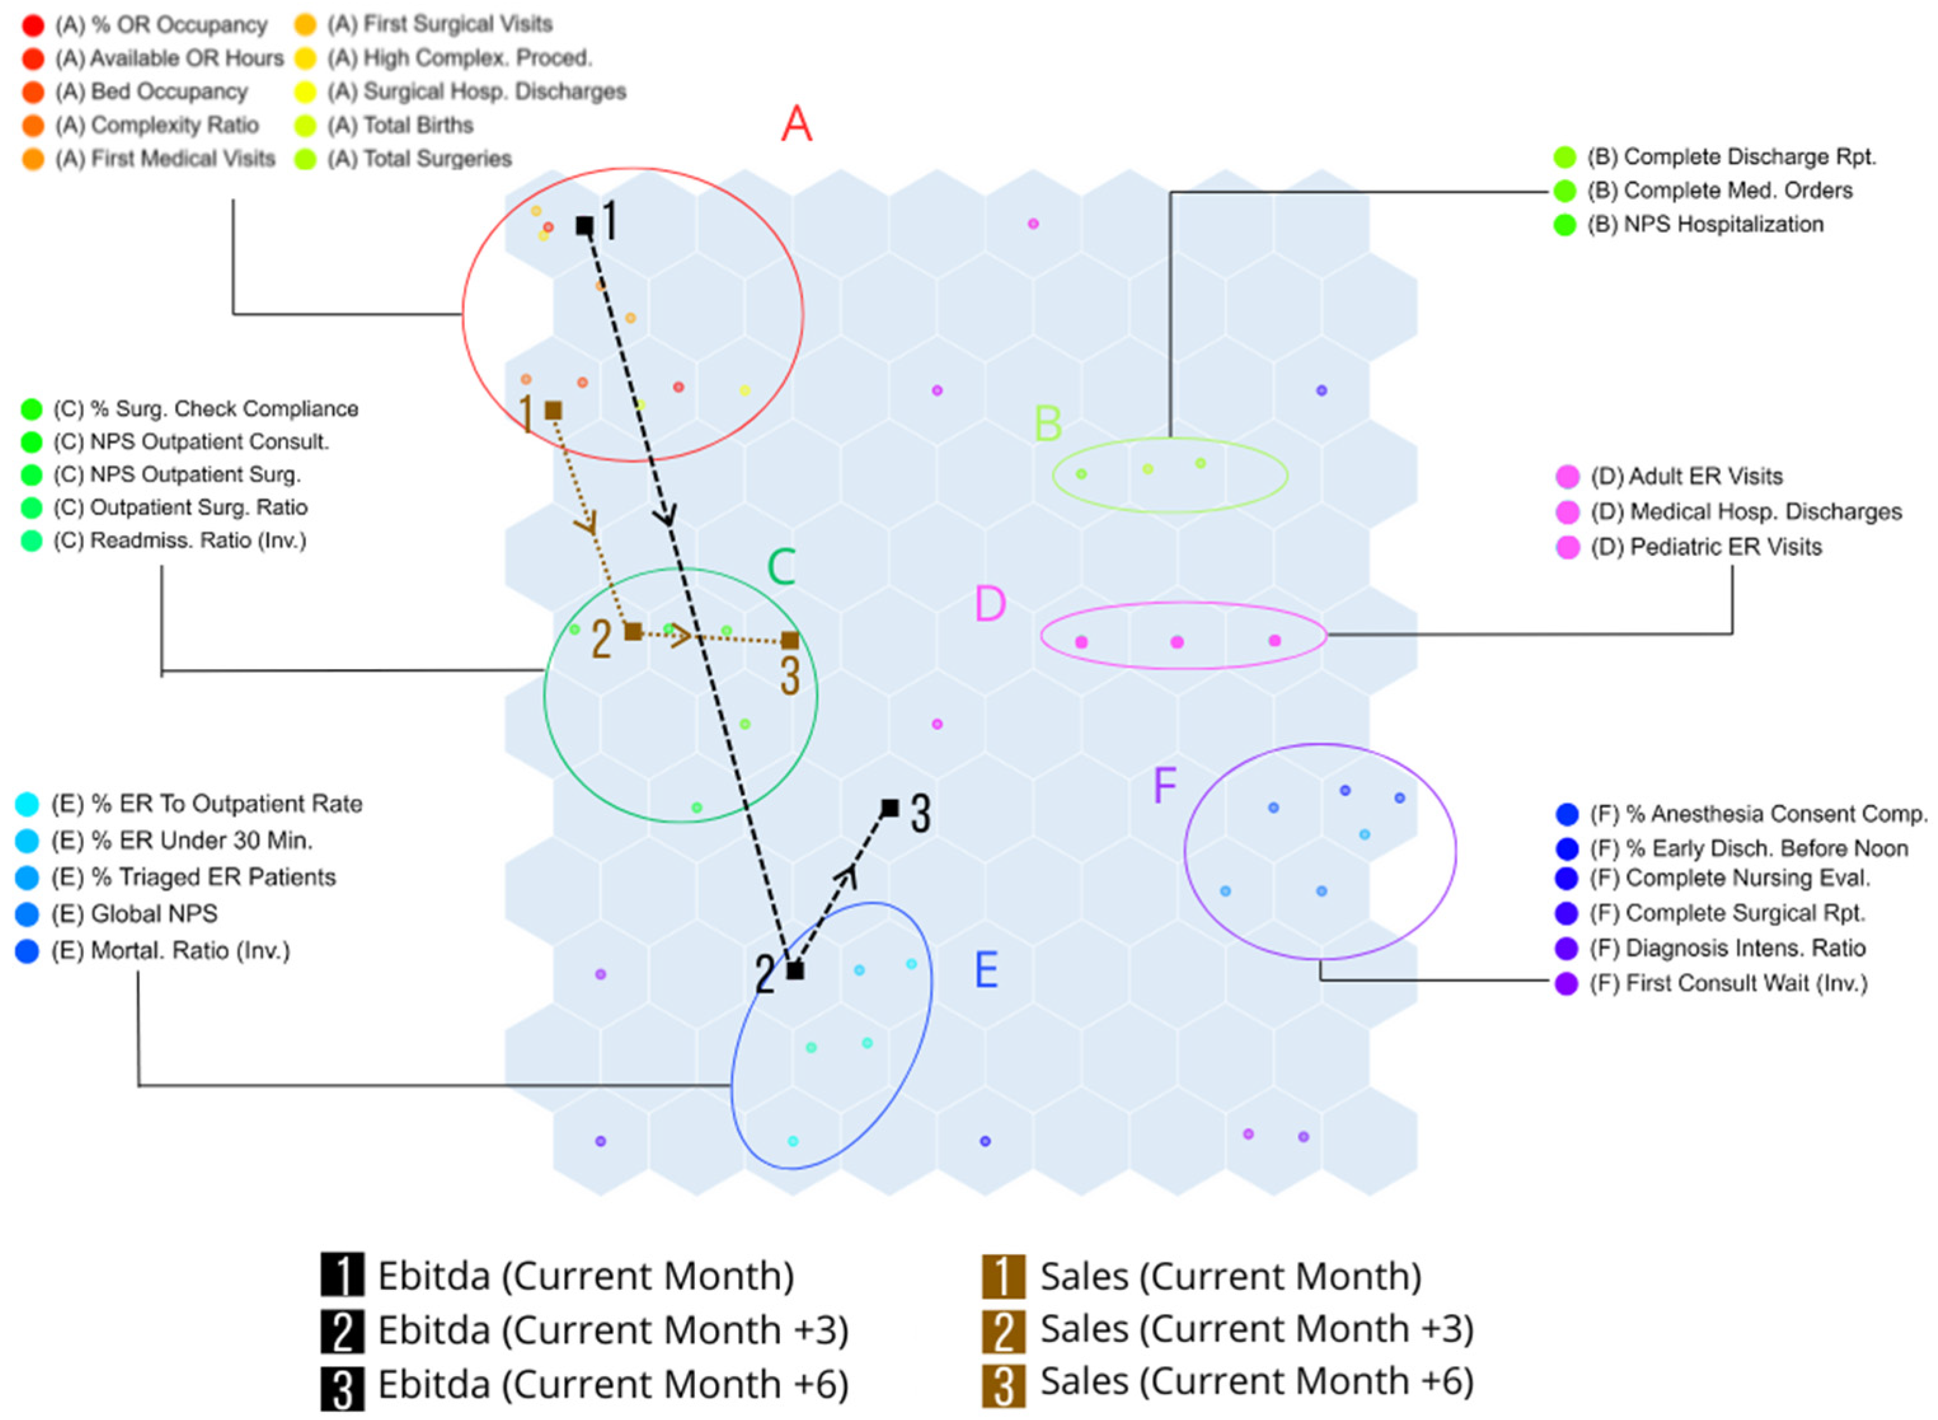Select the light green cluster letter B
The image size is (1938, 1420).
click(1047, 423)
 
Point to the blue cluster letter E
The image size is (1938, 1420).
click(986, 970)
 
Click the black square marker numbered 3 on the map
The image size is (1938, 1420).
click(891, 808)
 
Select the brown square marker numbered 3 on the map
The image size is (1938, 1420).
click(790, 640)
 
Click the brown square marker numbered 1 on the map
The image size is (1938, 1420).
click(553, 411)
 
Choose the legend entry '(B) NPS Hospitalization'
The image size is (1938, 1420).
click(1706, 224)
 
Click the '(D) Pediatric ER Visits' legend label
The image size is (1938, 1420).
click(1706, 546)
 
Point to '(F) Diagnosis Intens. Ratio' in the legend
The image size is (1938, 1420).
click(1728, 948)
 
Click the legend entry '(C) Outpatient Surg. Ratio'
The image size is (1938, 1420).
click(180, 507)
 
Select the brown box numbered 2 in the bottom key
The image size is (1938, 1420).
click(1003, 1330)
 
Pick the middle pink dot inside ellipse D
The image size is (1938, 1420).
click(1178, 641)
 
